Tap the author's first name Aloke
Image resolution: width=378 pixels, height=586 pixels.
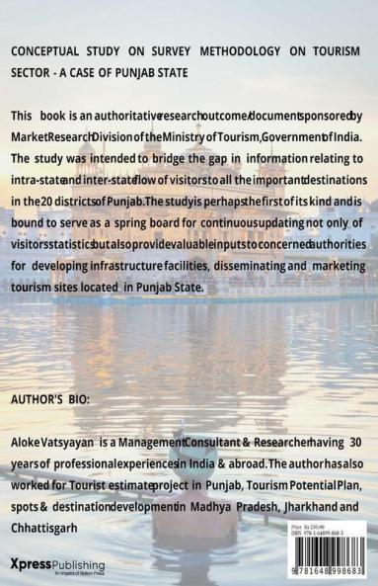coord(30,444)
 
